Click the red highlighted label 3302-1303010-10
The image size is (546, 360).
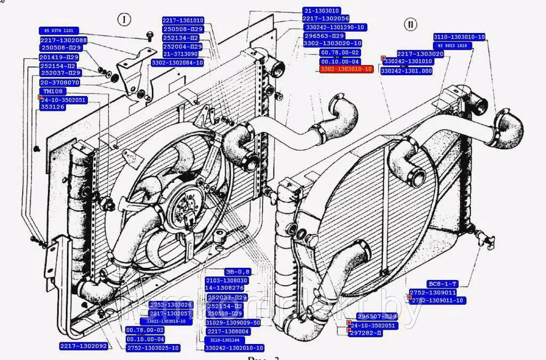click(346, 69)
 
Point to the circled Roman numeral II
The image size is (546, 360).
click(411, 25)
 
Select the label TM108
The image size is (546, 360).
click(53, 91)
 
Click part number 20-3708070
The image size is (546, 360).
click(60, 83)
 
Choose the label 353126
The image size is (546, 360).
click(53, 107)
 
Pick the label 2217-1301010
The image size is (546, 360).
click(183, 20)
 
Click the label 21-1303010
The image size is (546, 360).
click(322, 10)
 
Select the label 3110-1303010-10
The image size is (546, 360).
click(459, 37)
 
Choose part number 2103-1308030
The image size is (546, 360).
click(227, 281)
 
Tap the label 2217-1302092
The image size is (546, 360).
click(84, 346)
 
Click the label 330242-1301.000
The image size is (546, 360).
click(406, 70)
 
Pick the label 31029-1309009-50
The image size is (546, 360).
click(234, 323)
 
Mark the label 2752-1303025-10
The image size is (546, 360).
click(153, 348)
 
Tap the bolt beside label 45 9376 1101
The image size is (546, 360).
click(149, 36)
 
